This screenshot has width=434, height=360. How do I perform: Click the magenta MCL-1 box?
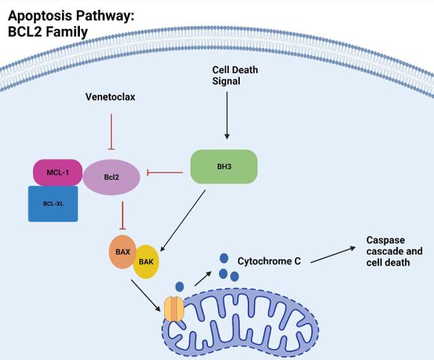coord(56,172)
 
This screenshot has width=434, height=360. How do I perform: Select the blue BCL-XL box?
coord(52,203)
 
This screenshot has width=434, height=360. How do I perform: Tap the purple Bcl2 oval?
coord(112,176)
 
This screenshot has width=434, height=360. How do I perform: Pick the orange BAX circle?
coord(123,252)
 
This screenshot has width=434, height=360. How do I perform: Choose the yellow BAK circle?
coord(146,262)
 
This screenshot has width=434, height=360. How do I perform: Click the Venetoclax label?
coord(110,97)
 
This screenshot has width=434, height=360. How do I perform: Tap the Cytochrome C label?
coord(269,262)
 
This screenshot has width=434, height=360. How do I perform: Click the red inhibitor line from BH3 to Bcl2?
coord(165,172)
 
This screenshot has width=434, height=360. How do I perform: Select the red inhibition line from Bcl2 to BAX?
coord(122,215)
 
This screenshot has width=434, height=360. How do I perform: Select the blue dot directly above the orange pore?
coord(179,286)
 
